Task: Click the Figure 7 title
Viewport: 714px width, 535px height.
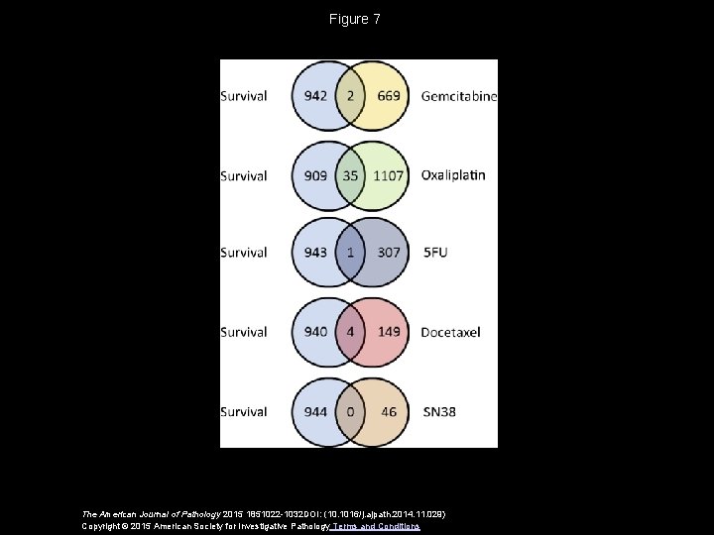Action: coord(355,20)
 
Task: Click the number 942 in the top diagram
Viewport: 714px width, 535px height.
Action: coord(315,96)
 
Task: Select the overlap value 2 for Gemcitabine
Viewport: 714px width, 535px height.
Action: coord(350,96)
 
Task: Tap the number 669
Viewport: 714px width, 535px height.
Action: coord(389,96)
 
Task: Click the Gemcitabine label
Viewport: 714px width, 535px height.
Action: coord(458,96)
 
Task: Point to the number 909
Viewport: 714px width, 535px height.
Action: coord(315,175)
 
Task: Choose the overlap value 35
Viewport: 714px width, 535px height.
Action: coord(350,175)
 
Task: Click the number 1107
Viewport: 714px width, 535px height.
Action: coord(389,175)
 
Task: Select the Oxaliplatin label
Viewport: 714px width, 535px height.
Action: coord(453,174)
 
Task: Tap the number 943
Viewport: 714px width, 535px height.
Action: coord(315,253)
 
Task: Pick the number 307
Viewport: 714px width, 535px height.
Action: coord(389,253)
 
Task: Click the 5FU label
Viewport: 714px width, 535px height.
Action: coord(434,253)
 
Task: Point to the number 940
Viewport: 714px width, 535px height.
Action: coord(315,331)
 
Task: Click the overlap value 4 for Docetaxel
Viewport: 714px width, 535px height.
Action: coord(350,331)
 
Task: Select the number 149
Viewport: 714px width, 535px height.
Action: coord(389,331)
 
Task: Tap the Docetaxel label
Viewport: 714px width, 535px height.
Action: coord(450,331)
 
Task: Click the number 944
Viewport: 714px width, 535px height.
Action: coord(315,409)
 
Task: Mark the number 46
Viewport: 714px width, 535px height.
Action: coord(389,409)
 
